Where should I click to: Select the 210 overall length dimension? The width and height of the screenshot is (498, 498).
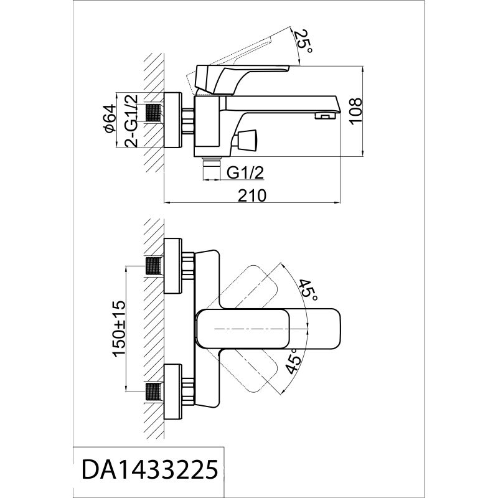click(x=253, y=195)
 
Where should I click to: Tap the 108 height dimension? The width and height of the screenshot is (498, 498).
click(x=355, y=110)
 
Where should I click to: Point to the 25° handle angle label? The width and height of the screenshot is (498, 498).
click(x=304, y=42)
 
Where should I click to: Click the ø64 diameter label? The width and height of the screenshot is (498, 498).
click(x=110, y=118)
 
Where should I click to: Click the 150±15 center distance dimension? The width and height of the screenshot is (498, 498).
click(x=118, y=328)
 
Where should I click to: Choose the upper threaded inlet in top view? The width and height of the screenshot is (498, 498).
click(x=153, y=266)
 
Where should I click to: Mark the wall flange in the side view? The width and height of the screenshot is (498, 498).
click(x=172, y=121)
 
